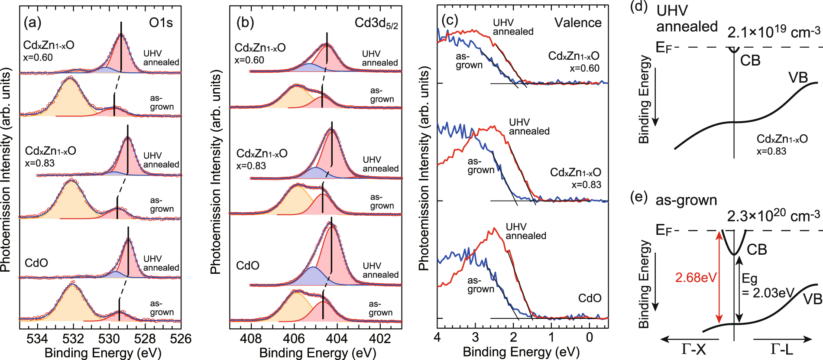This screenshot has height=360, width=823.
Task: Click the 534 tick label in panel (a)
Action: pos(37,339)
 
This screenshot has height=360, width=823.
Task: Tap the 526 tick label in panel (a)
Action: pos(181,339)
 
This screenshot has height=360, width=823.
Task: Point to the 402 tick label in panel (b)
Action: pos(380,339)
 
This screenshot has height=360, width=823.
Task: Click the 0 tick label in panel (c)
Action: pos(589,337)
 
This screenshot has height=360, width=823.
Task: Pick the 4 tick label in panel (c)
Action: pos(437,337)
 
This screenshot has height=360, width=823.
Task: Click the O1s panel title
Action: pos(161,23)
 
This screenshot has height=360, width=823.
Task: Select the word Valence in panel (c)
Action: pos(578,23)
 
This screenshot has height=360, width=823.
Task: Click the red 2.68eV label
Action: pos(695,278)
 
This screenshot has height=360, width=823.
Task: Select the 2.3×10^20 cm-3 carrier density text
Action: pos(773,216)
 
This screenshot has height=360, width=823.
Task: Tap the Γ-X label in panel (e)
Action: pos(693,349)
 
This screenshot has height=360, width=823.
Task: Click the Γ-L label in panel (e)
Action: pos(781,349)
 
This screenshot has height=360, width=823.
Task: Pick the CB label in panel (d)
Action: pos(750,61)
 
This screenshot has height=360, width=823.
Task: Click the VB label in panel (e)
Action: pos(812,299)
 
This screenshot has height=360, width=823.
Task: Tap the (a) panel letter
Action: pos(32,23)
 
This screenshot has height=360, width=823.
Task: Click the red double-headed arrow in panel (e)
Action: pos(719,277)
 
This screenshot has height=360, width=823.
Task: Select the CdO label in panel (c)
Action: pos(590,298)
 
